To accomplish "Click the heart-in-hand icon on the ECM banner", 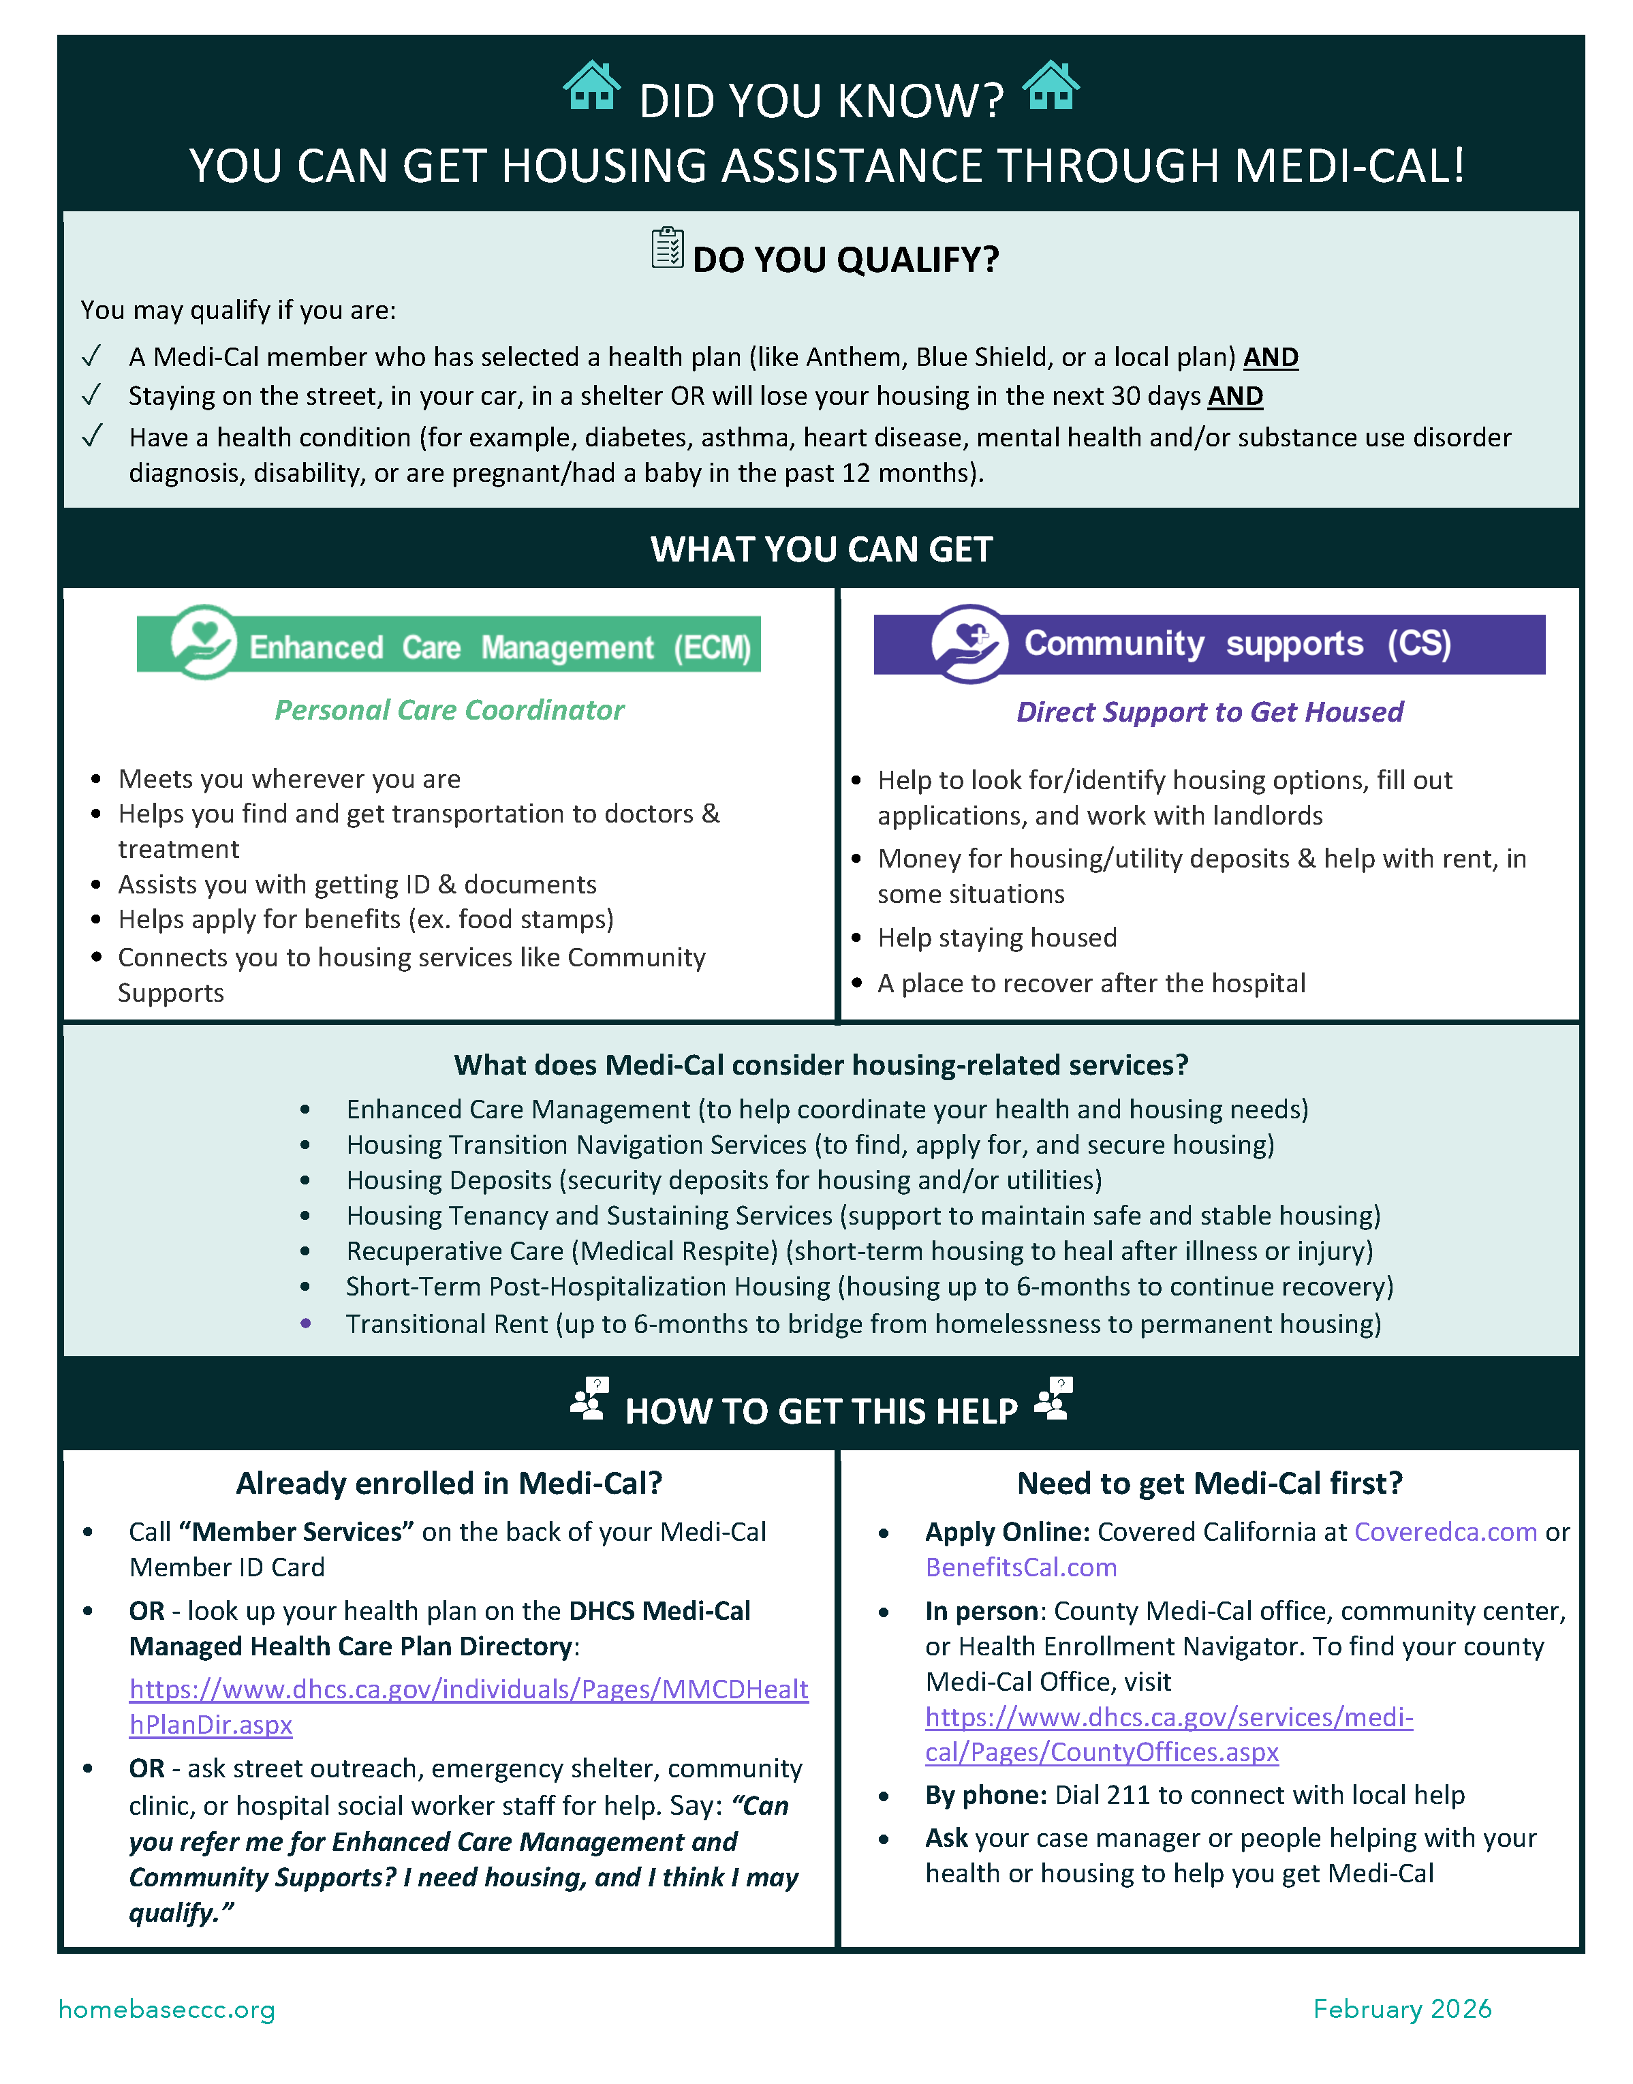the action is [204, 642].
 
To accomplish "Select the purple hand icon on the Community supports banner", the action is [969, 643].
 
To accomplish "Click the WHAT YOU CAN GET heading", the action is [822, 549].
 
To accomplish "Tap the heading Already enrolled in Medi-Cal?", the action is [450, 1484].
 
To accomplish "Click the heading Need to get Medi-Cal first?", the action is [1209, 1484].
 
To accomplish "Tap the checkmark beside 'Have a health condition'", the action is [92, 436].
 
